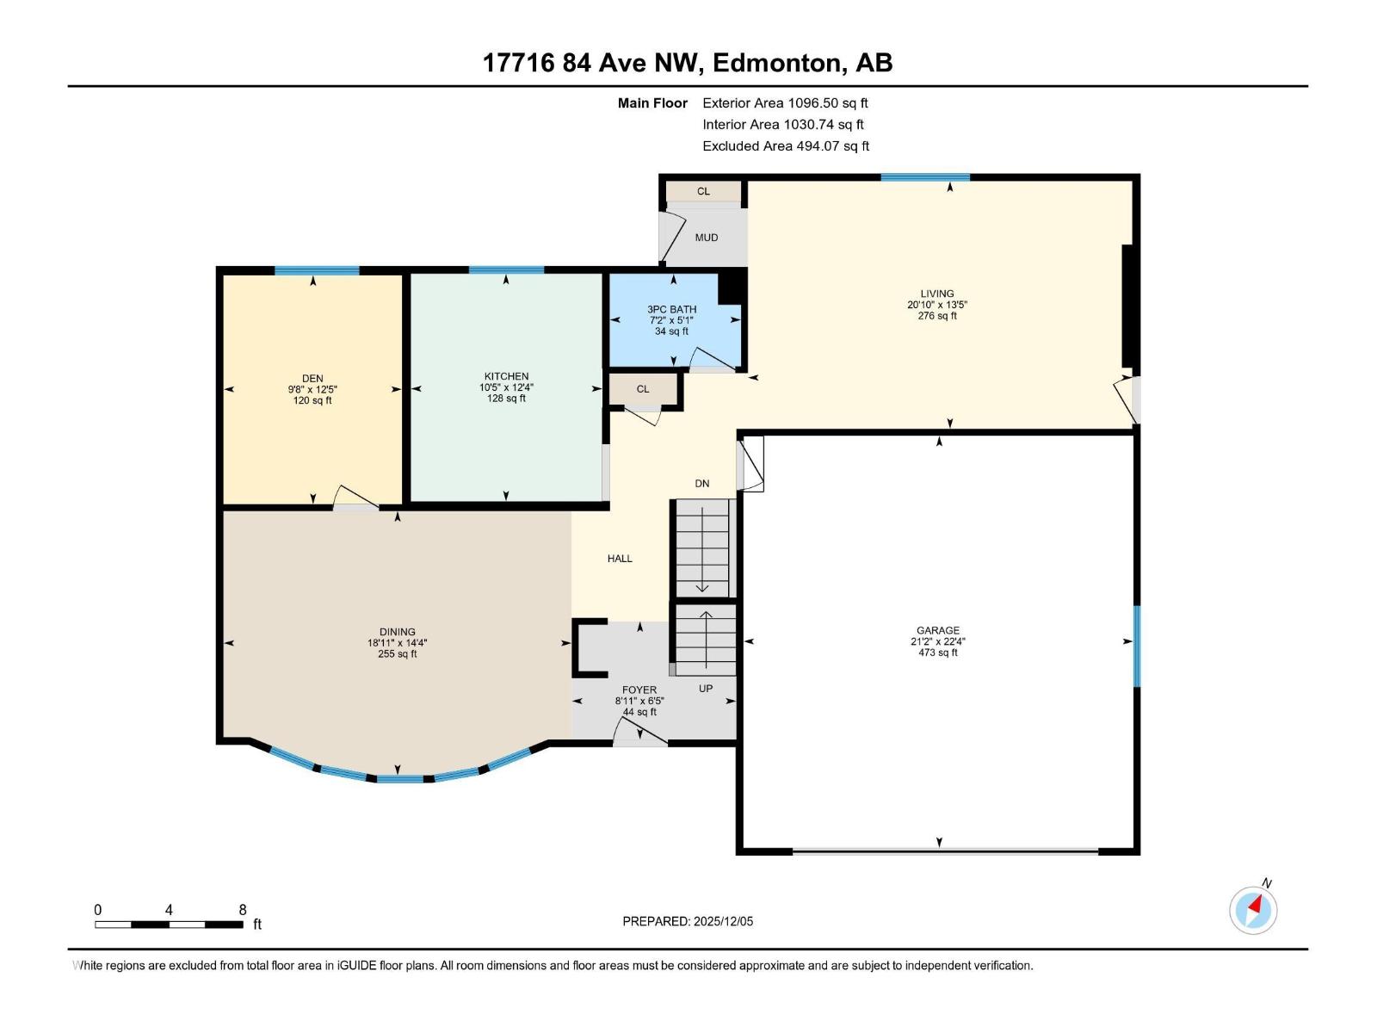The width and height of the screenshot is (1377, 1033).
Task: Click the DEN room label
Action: [312, 378]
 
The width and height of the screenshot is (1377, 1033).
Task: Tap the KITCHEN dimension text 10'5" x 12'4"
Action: [506, 387]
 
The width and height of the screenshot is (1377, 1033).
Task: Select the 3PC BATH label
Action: [672, 309]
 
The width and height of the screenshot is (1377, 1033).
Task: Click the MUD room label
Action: [706, 238]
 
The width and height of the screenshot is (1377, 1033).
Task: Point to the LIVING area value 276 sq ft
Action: [937, 316]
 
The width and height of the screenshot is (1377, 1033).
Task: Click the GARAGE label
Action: [937, 630]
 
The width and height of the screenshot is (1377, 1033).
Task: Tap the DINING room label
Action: [397, 632]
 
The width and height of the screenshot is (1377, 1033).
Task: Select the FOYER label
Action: [639, 690]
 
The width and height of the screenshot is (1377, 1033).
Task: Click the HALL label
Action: [620, 559]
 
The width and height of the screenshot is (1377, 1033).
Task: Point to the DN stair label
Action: [702, 484]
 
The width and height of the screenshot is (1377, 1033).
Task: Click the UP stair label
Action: [706, 689]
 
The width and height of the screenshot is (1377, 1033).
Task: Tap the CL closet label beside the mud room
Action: [703, 191]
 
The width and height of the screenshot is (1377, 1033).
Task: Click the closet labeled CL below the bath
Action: [643, 389]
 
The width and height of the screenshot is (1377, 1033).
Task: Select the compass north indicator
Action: [1254, 909]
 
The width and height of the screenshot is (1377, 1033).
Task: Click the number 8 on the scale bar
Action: [243, 910]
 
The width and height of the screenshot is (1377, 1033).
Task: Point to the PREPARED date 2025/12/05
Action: [721, 921]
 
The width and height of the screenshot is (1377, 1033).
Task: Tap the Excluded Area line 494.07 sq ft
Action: [786, 146]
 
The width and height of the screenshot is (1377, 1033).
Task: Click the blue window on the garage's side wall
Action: [1136, 646]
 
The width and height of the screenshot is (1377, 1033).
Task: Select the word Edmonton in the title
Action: [776, 63]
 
